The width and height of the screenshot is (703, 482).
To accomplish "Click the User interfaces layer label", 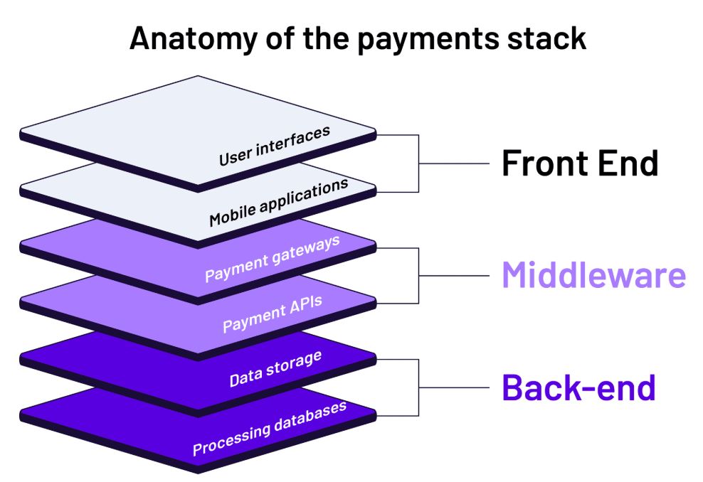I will coord(274,146).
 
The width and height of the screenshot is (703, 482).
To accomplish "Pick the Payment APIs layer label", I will coord(272,314).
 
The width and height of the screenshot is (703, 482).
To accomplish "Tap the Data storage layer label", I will coord(275,369).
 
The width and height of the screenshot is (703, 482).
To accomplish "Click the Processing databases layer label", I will coord(270,428).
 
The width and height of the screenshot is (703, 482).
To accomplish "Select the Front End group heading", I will coord(580,163).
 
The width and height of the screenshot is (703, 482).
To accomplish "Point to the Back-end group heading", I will coord(578,387).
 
